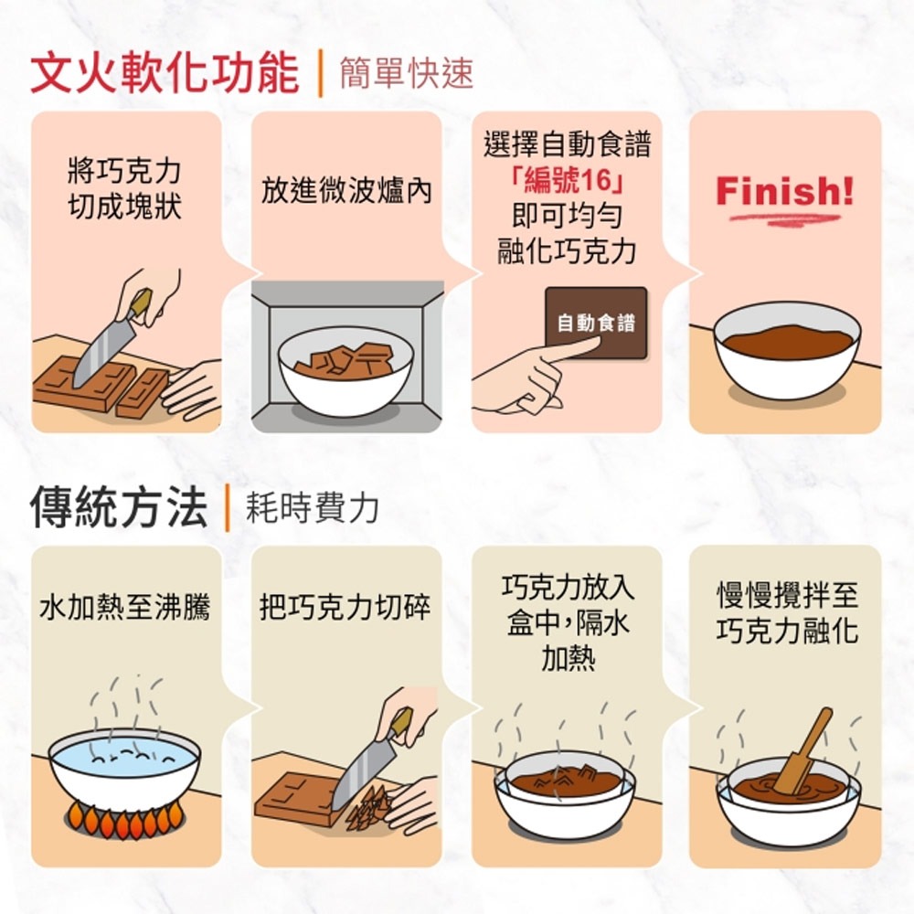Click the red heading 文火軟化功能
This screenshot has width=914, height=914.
point(165,74)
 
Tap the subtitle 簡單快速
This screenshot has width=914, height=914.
point(407,73)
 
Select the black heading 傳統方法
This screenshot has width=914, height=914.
point(119,507)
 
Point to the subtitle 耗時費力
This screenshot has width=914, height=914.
point(313,507)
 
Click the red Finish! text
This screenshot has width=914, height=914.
point(784,191)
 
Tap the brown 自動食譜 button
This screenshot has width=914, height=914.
point(596,323)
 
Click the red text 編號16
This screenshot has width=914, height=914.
point(567,180)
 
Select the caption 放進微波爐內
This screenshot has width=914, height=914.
point(346,191)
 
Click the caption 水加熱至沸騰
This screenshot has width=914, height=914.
point(124,608)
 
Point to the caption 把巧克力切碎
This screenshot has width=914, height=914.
point(345,608)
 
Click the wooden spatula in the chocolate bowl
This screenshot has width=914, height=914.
point(803,752)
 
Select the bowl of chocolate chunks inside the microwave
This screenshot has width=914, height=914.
point(345,371)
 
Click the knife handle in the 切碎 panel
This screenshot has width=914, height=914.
point(401,723)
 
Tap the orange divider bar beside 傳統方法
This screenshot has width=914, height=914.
point(227,507)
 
